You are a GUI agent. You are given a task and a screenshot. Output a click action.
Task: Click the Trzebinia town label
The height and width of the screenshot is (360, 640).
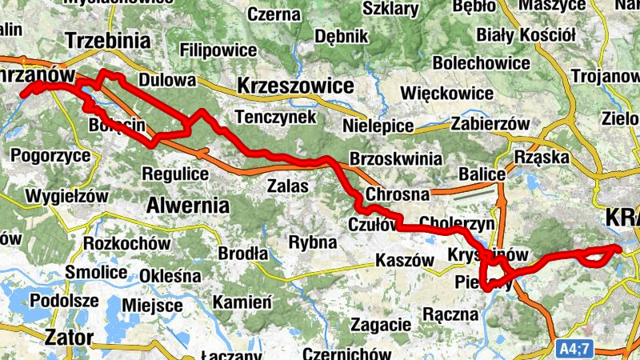point(108,41)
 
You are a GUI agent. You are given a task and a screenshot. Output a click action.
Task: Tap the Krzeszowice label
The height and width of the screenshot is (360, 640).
point(295,86)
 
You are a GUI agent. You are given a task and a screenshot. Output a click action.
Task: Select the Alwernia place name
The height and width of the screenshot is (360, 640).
point(187,204)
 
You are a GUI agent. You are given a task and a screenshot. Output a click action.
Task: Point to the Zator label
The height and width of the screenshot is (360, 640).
point(69,336)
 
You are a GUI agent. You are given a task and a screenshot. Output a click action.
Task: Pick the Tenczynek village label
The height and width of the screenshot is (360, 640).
point(277,117)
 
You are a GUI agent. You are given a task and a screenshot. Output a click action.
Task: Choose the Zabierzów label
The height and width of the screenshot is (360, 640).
point(490,124)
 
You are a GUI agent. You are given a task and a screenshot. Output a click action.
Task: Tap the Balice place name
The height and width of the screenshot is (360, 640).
point(482,174)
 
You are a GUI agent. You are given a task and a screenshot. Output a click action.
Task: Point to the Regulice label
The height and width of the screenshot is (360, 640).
point(174,173)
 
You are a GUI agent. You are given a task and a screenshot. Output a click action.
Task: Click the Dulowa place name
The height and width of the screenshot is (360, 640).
point(167,80)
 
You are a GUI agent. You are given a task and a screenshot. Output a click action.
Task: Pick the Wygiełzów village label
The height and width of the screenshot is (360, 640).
point(66,195)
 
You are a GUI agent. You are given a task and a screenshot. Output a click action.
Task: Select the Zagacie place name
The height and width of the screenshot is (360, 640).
point(380,326)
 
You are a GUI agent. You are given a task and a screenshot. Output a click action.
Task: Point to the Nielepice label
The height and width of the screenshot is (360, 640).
point(377,126)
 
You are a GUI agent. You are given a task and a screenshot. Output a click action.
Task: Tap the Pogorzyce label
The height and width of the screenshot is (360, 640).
point(51,155)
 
